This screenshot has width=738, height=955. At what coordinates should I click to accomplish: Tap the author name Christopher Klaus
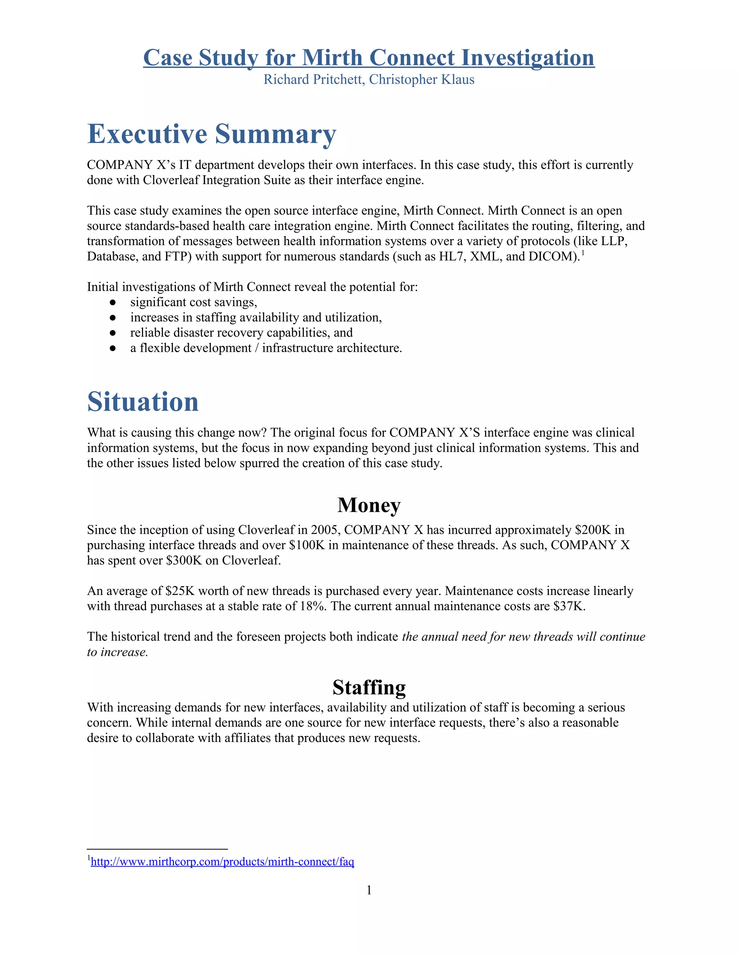(422, 80)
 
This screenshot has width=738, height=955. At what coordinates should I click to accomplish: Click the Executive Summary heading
(212, 134)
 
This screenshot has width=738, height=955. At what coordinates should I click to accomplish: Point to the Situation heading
(143, 401)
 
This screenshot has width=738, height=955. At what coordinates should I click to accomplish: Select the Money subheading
(369, 505)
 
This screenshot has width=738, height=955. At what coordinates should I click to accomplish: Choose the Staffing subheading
(369, 687)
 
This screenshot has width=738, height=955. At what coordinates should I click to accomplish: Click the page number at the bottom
(369, 890)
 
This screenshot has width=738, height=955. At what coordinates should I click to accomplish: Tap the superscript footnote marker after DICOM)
(583, 252)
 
